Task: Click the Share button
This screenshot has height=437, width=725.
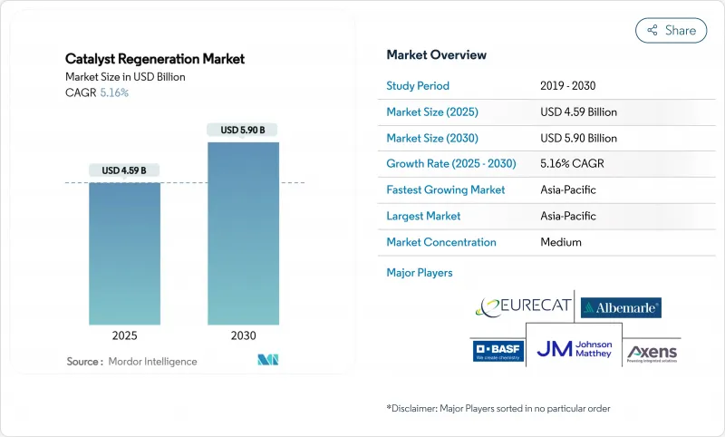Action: (x=671, y=30)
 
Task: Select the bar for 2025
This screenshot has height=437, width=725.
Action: (x=124, y=253)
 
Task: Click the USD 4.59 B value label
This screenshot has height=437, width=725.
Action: (x=124, y=170)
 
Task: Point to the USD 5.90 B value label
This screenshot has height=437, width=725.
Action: (x=243, y=130)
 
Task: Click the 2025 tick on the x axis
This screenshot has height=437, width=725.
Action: (x=124, y=335)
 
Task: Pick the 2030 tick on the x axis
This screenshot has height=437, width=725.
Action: (x=243, y=335)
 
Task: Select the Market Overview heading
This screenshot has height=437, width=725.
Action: (x=436, y=55)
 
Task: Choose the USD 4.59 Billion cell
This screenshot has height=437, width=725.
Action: (x=578, y=112)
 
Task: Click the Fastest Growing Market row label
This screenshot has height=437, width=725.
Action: (x=445, y=190)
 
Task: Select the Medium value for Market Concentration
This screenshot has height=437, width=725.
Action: (x=560, y=242)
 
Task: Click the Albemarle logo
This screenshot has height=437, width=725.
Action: (x=621, y=307)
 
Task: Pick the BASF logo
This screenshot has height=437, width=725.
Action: (x=498, y=351)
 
